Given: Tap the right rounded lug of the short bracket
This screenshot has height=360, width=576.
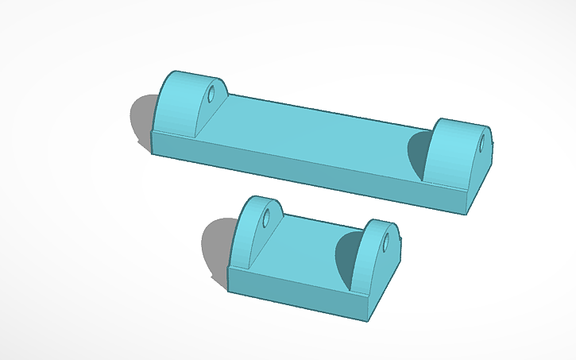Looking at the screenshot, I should pos(373,254).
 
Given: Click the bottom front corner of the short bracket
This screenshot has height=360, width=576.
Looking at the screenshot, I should pos(368,321).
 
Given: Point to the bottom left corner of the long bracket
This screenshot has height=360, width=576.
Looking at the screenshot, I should pos(152,152).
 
